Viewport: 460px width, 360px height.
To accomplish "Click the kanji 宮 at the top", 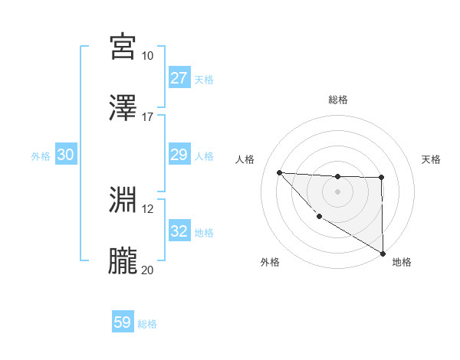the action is pos(123,47).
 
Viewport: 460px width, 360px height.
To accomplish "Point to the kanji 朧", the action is pos(123,260).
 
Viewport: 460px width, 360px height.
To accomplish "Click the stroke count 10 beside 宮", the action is pos(147,56).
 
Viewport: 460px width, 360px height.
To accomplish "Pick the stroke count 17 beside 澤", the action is pos(147,116).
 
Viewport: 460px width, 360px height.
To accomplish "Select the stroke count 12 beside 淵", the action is pos(147,208).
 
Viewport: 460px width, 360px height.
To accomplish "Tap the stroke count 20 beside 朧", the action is pos(147,270).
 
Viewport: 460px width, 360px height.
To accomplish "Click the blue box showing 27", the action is pos(179,78).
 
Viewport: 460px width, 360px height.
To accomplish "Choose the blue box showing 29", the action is pos(179,155).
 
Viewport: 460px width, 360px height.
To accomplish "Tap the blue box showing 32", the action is pos(179,231).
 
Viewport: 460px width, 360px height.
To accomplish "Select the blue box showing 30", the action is pos(66,155).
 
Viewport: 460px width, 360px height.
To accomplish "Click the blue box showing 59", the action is pos(123,322).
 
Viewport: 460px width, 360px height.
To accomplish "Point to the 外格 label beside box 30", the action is pos(41,155).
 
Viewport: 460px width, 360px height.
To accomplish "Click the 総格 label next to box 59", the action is pos(147,324).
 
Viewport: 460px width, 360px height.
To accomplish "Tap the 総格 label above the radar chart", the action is pos(337,100).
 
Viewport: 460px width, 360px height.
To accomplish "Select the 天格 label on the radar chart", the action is pos(432,159).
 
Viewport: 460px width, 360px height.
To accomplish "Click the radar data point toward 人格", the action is pos(279,172).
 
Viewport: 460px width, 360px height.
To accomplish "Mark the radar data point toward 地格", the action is pos(383,254).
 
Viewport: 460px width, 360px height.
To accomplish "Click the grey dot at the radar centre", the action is pos(337,191).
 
